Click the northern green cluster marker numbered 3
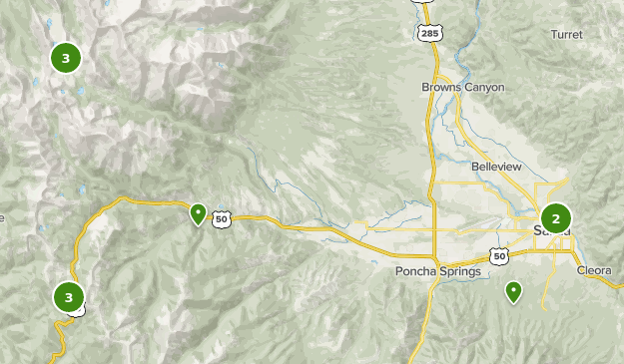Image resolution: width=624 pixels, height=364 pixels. click(x=66, y=58)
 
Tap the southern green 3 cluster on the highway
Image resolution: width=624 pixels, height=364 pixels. click(x=68, y=296)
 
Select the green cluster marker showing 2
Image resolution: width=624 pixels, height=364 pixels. click(x=555, y=217)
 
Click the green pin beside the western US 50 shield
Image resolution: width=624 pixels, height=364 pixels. click(x=198, y=213)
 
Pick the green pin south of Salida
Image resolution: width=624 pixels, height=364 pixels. click(x=513, y=291)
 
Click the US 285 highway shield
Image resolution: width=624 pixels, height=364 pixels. click(x=428, y=33)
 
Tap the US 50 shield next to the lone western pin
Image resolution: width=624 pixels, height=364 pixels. click(x=222, y=218)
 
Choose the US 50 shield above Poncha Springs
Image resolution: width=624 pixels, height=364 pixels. click(x=499, y=256)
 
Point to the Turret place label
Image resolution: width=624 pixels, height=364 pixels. click(x=566, y=34)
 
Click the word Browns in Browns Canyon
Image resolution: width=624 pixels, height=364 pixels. click(x=442, y=88)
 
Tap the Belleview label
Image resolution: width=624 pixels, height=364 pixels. click(x=497, y=167)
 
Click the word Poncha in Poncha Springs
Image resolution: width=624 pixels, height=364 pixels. click(x=414, y=271)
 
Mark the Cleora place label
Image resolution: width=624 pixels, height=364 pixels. click(x=595, y=270)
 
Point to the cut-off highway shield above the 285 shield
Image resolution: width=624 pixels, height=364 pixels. click(x=428, y=3)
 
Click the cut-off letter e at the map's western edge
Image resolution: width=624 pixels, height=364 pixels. click(x=2, y=217)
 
